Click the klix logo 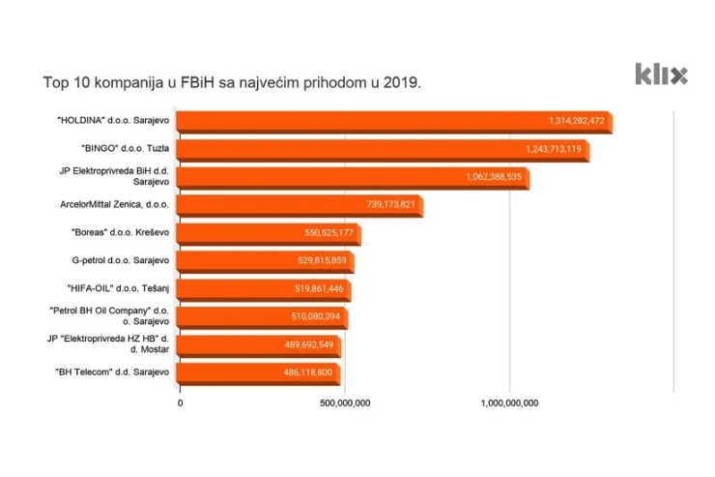661,74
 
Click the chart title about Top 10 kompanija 232,82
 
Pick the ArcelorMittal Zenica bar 300,205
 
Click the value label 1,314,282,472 576,122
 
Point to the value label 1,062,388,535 493,178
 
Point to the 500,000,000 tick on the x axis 344,402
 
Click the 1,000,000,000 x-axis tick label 508,402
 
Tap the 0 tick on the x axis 180,402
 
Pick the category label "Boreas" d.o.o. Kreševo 115,233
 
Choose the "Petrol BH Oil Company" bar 262,317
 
